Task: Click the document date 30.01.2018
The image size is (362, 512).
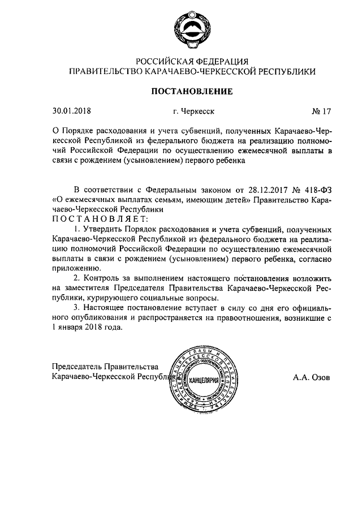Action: pos(71,111)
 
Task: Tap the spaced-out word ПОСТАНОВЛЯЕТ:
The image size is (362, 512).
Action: pos(100,219)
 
